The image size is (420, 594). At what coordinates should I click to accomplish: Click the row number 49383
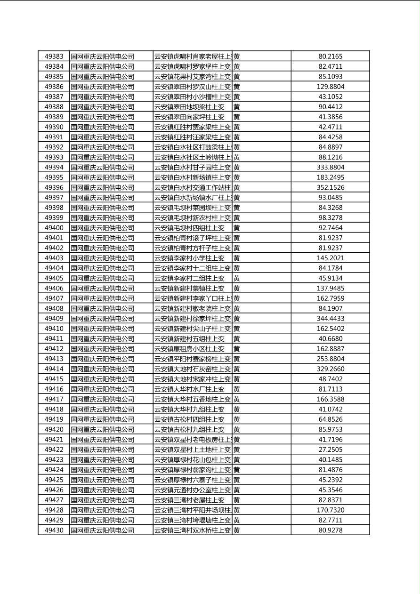point(54,56)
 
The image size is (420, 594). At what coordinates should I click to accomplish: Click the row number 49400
point(54,228)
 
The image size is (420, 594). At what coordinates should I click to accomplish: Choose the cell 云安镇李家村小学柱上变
point(189,258)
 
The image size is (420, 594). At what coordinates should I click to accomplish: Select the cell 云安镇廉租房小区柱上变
point(189,349)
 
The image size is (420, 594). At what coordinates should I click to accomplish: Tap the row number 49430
point(54,530)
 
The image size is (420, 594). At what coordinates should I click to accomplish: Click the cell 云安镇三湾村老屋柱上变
point(189,500)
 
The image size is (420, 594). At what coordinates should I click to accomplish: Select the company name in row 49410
point(103,329)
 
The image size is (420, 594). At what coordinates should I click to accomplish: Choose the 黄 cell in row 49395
point(236,177)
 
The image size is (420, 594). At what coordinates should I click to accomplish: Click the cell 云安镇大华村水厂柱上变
point(189,389)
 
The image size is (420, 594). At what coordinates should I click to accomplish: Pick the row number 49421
point(54,440)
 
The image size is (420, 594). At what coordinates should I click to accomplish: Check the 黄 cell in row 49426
point(236,490)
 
